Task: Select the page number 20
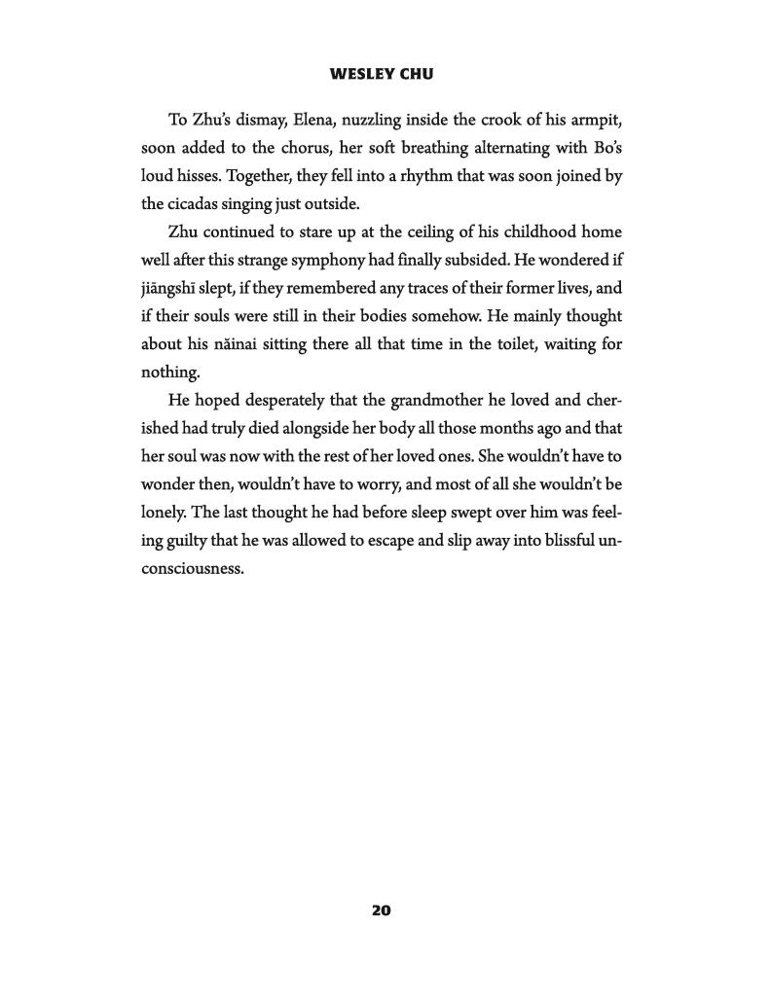[381, 910]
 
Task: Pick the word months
[437, 428]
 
